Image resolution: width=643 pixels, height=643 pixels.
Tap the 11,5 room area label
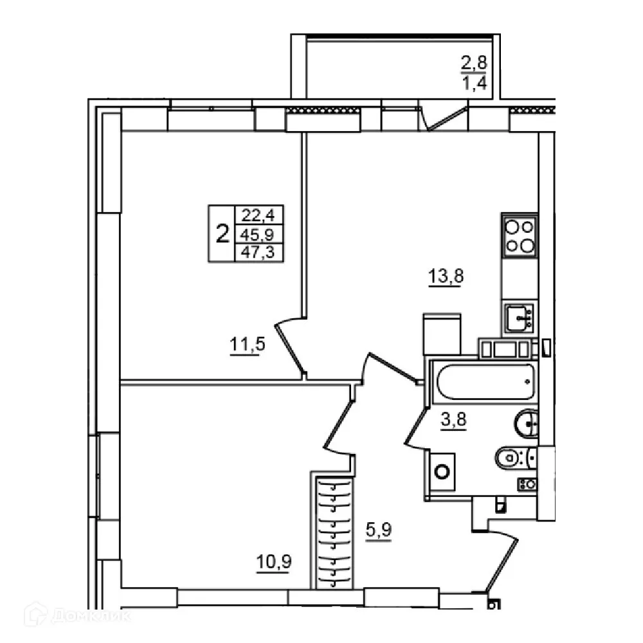[x=248, y=345]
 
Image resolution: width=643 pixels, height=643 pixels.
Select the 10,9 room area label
[x=274, y=561]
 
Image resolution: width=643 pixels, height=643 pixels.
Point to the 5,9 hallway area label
[x=379, y=532]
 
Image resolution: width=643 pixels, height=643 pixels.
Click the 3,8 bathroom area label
[x=454, y=421]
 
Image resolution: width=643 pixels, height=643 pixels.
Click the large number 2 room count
[x=222, y=233]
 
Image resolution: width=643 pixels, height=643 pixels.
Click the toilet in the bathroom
[x=514, y=458]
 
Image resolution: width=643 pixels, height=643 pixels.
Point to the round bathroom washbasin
[x=528, y=422]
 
